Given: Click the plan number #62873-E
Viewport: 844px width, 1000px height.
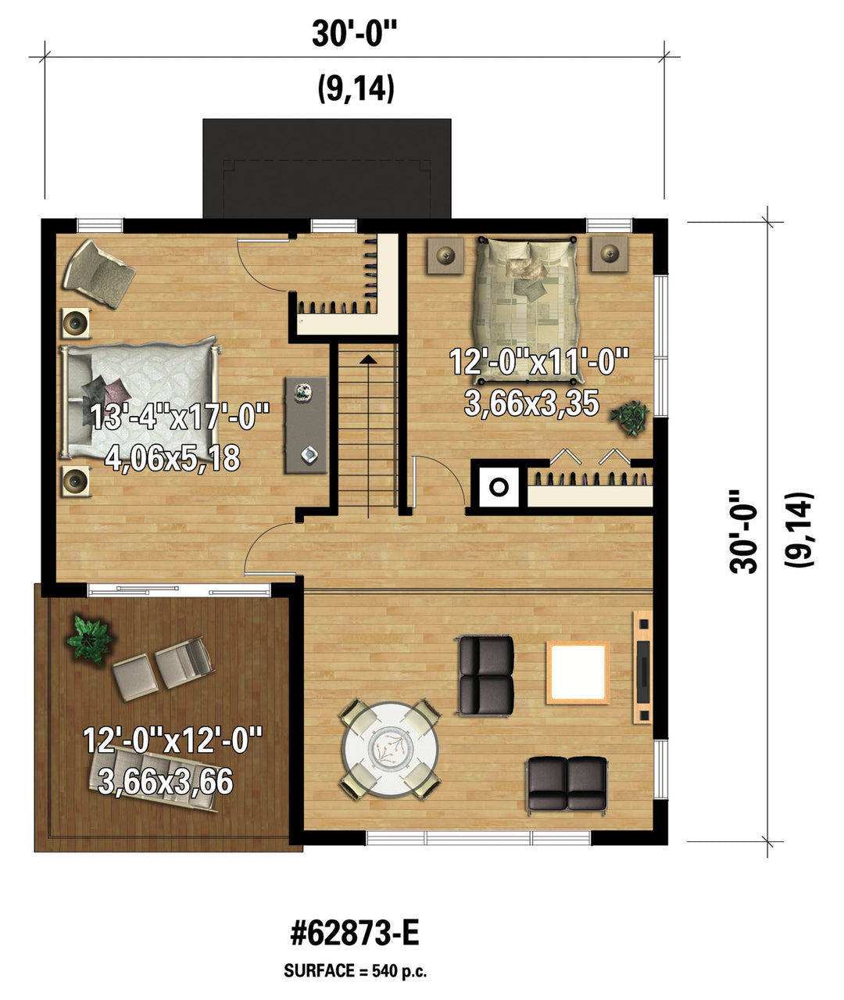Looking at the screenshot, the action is point(355,934).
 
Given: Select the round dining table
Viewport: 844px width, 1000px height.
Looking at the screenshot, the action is point(390,750).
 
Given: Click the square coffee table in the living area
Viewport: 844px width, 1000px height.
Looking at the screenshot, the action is point(578,672).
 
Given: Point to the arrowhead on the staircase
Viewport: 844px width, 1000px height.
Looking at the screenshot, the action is point(367,359).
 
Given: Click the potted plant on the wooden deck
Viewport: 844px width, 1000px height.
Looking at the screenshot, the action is point(89,640).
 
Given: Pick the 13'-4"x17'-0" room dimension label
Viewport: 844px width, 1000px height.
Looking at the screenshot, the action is point(180,416).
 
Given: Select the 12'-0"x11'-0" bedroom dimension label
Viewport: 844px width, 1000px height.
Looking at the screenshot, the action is point(539,361).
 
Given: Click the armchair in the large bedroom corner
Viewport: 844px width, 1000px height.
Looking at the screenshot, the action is point(99,274).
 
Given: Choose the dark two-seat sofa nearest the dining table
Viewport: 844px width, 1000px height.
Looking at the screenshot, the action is point(486,676).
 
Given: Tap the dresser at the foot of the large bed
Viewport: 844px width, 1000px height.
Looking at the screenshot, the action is point(306,425).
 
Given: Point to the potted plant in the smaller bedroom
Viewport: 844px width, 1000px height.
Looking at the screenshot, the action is point(630,418).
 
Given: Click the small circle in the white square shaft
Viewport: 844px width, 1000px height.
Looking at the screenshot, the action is point(499,487).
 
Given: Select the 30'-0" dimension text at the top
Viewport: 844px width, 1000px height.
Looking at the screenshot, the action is point(355,33).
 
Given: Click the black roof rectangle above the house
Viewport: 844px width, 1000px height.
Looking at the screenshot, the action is point(327,168).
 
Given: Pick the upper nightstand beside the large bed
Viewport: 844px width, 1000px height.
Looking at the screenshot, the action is point(76,323).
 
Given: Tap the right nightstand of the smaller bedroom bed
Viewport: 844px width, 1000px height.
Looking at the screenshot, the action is point(609,253).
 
